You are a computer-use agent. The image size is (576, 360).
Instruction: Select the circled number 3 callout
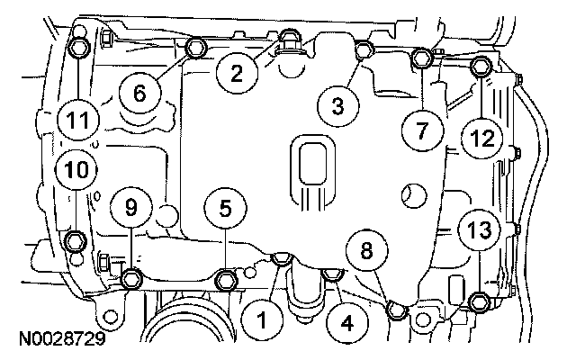point(337,107)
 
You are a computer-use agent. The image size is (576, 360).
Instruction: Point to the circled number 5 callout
point(225,208)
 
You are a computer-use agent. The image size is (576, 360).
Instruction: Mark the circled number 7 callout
point(419,129)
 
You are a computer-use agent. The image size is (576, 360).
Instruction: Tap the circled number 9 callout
point(132,208)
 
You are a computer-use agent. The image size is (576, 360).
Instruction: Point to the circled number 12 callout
point(481,138)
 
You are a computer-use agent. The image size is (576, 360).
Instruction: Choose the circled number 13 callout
point(479,229)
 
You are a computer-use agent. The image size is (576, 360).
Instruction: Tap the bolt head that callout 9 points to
point(132,277)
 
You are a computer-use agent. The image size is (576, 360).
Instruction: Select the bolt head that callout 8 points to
point(396,310)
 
